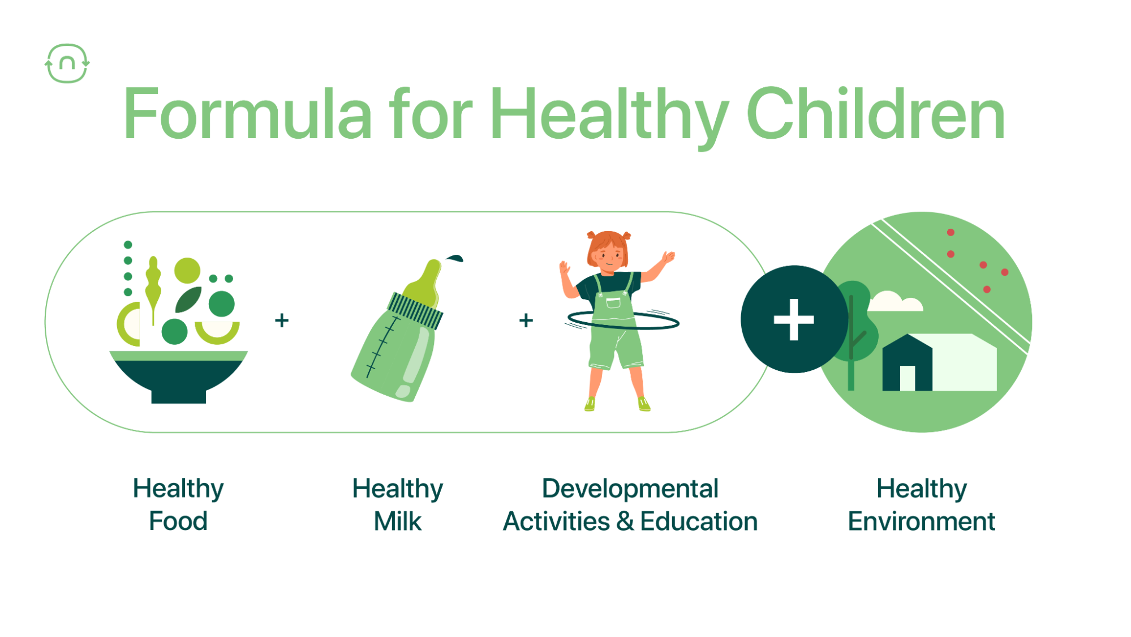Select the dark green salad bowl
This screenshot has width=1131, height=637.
click(178, 377)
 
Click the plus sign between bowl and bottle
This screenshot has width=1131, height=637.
click(282, 320)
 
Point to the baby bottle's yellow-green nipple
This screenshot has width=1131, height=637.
click(428, 283)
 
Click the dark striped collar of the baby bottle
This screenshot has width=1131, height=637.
click(415, 310)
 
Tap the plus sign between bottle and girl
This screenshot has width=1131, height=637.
click(526, 320)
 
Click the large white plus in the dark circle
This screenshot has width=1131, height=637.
click(794, 319)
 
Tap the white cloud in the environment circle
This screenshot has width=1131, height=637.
click(895, 302)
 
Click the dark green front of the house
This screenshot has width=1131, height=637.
click(907, 363)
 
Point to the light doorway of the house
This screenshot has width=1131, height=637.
click(907, 378)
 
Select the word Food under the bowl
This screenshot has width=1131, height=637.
click(178, 521)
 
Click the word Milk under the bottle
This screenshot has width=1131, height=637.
click(398, 521)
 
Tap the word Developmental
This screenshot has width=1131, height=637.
click(630, 489)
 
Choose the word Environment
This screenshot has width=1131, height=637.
click(922, 521)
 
